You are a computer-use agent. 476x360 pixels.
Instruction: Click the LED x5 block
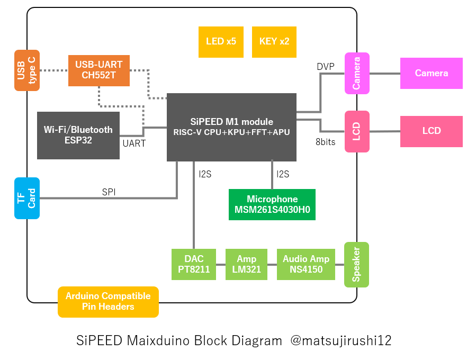coord(221,42)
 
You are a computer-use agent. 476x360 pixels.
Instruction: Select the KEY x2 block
coord(274,42)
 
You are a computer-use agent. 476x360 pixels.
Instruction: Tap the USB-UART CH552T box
coord(99,70)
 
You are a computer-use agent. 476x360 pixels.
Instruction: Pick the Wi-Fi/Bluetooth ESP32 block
coord(78,134)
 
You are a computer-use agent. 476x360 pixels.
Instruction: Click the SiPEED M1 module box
coord(231,127)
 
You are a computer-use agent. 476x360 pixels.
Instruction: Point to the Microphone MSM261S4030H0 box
coord(272,205)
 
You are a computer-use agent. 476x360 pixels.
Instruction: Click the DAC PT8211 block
coord(194,264)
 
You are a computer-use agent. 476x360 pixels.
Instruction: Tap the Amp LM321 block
coord(246,264)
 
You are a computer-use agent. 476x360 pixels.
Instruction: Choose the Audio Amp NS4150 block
coord(306,264)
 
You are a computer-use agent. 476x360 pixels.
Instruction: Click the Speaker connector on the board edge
coord(356,265)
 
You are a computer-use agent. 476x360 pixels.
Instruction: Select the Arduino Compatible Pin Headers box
coord(108,301)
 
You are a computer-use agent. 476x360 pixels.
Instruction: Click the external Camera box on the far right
coord(431,73)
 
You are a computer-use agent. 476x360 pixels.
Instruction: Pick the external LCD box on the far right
coord(431,131)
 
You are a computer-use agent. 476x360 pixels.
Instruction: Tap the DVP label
coord(326,67)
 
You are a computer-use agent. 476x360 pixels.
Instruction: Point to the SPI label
coord(109,192)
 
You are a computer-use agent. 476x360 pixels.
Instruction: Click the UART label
coord(134,143)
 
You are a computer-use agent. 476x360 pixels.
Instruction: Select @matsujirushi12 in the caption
coord(341,340)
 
